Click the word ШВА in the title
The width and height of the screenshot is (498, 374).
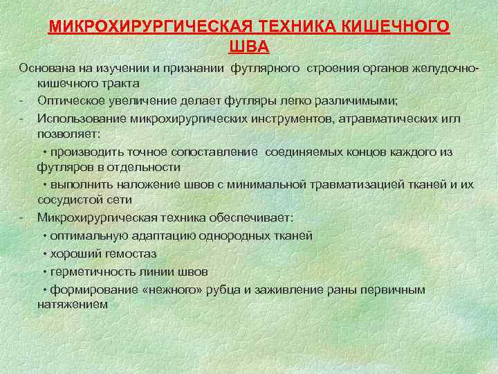[x=249, y=46]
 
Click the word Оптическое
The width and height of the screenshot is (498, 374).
[x=73, y=100]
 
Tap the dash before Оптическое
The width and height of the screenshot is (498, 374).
[x=22, y=100]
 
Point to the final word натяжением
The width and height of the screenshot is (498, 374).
[x=73, y=304]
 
